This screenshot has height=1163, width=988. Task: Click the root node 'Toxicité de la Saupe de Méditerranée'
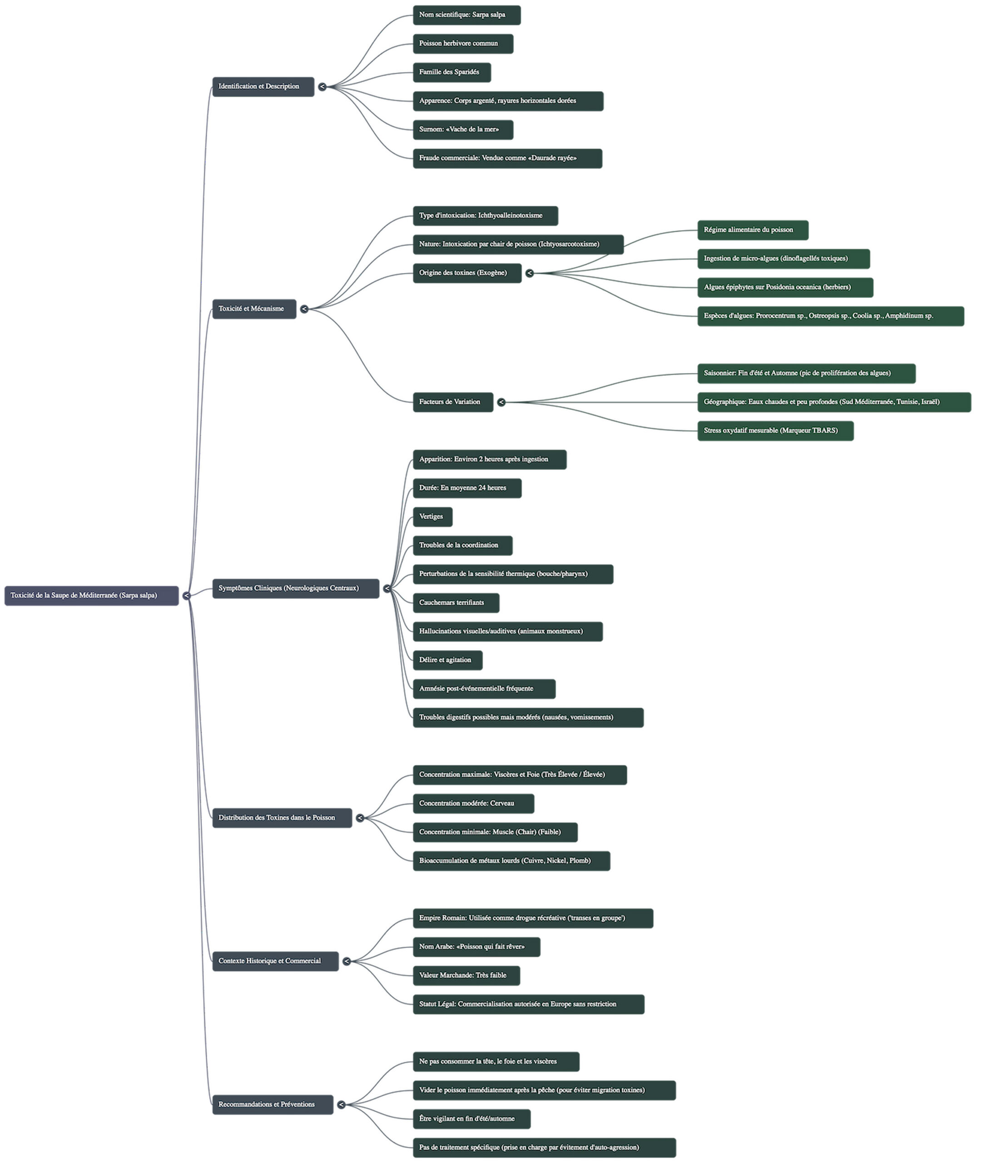pos(91,596)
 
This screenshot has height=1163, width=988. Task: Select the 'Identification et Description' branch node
pos(263,87)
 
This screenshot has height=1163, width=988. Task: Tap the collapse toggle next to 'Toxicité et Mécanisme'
pos(304,309)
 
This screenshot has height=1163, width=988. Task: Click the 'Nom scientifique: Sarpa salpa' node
pos(467,15)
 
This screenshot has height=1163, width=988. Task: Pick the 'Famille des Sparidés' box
pos(452,72)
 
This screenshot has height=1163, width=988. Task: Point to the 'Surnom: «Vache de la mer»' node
pos(463,129)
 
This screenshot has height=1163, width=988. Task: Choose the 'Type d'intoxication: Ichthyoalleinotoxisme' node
pos(486,216)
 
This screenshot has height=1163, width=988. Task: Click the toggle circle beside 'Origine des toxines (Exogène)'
pos(529,273)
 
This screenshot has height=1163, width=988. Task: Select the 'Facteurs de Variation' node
pos(453,402)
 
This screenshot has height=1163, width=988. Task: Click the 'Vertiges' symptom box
pos(432,517)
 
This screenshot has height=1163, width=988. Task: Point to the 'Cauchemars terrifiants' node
pos(456,603)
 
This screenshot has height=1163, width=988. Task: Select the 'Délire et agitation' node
pos(447,660)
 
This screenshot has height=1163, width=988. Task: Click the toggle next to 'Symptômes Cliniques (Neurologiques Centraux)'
pos(387,588)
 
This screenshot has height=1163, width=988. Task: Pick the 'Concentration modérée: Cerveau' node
pos(473,803)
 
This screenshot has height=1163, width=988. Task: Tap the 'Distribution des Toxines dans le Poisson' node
pos(282,818)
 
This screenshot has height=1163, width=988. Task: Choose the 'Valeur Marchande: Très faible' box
pos(467,975)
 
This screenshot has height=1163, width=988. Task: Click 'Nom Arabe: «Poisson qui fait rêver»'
pos(477,947)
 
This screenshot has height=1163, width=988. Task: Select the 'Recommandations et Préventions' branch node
pos(273,1105)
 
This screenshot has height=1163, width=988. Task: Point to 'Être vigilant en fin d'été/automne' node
pos(472,1119)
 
